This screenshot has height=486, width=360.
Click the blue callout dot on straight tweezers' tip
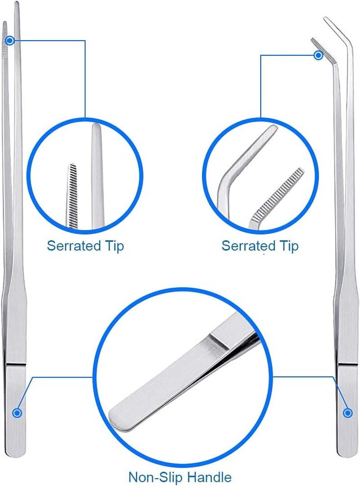tap(10, 40)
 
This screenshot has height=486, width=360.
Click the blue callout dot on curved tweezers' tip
tap(319, 55)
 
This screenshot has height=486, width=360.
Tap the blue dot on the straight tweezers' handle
tap(17, 412)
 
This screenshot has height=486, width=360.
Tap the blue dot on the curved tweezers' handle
tap(347, 412)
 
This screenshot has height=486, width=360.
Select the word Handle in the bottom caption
tap(209, 477)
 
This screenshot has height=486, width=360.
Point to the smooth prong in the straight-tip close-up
tap(98, 180)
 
